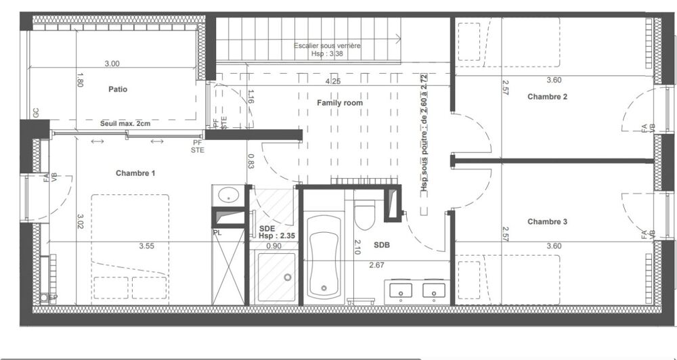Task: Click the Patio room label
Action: pos(117,89)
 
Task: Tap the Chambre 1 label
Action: pos(135,173)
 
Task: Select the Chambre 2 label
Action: pos(547,97)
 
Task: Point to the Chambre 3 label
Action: pos(547,221)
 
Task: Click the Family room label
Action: pos(340,103)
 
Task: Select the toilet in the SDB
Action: pos(364,214)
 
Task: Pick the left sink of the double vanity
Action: pos(401,292)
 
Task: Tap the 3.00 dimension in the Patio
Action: pos(112,64)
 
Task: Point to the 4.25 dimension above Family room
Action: pos(333,81)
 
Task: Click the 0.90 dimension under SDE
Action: pos(274,246)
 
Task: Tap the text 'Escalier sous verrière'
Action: pos(327,45)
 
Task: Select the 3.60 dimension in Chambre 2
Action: pos(554,80)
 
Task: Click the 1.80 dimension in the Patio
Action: pos(81,80)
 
